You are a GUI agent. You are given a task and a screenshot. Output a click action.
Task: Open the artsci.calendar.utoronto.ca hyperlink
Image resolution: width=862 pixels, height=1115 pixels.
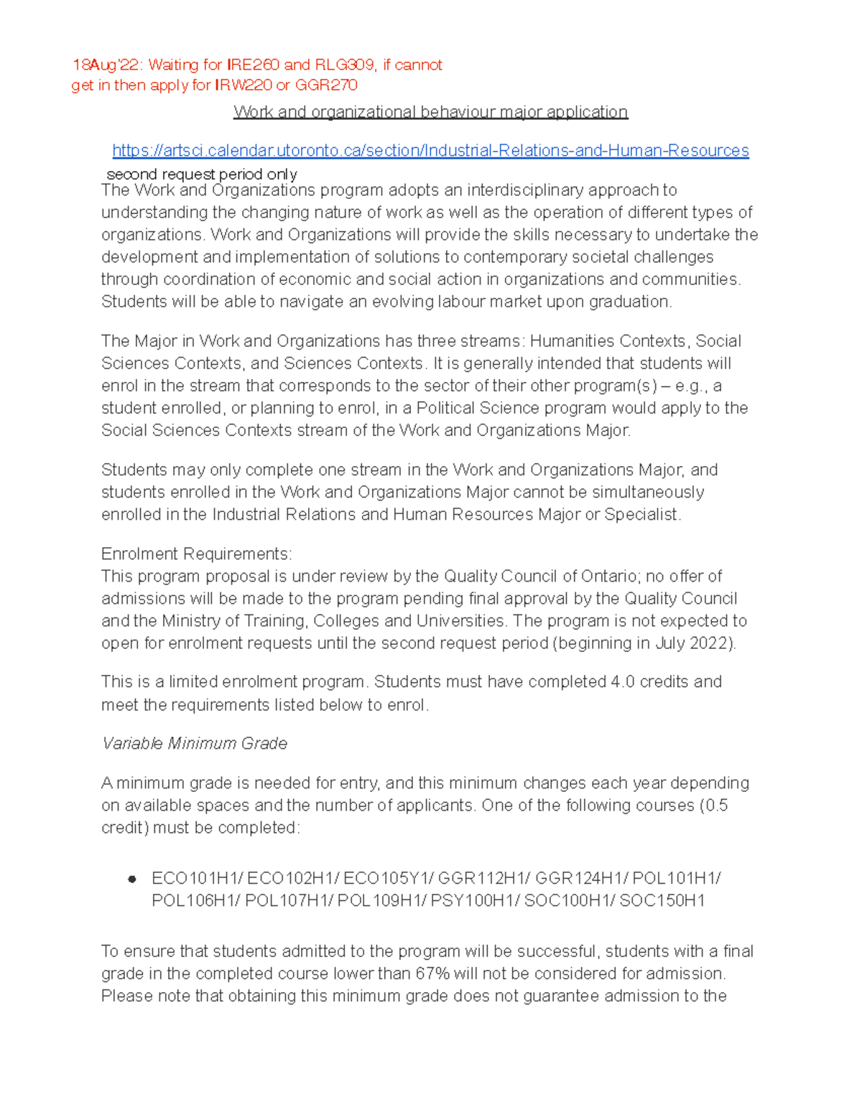pos(430,151)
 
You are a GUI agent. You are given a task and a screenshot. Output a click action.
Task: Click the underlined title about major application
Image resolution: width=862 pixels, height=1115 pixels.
pos(430,112)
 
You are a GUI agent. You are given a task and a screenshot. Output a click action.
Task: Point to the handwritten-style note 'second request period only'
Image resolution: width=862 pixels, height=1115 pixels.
pos(201,174)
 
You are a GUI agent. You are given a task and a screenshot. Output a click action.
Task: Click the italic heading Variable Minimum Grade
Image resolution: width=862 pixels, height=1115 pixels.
pos(195,744)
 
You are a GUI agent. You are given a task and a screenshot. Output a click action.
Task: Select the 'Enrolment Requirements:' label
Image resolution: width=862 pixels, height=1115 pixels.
pos(196,554)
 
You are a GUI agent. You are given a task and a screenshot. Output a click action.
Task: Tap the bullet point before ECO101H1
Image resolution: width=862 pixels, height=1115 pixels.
pos(131,880)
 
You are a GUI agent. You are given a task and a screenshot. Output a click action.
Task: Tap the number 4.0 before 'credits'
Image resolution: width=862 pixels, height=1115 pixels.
pos(622,682)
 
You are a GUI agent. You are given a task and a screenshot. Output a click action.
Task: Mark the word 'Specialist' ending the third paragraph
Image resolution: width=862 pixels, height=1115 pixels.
pos(641,515)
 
